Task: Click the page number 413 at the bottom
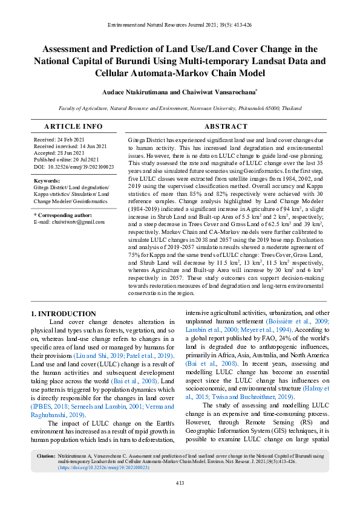click(180, 482)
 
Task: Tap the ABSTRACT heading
click(226, 127)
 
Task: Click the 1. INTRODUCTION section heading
click(63, 314)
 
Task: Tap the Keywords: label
click(47, 181)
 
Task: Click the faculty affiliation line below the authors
click(180, 108)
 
